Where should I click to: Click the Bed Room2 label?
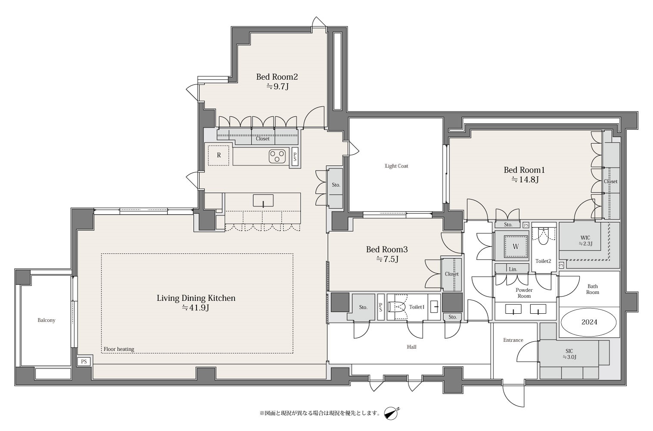point(277,77)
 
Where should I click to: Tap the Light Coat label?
point(396,166)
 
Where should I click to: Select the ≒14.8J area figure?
point(525,179)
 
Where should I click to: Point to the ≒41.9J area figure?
point(196,308)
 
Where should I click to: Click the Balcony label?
point(47,320)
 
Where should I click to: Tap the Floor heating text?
point(119,349)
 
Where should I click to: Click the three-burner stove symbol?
point(277,156)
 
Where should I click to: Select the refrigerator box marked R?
point(219,156)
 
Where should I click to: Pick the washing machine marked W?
point(516,247)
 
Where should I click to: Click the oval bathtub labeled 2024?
point(589,322)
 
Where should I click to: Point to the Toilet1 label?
point(417,307)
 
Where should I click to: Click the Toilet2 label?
point(544,261)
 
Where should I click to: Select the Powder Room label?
point(524,293)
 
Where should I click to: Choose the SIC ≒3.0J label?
point(569,354)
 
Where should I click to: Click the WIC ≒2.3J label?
point(585,241)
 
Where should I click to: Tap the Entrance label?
point(513,340)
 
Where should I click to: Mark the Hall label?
point(412,347)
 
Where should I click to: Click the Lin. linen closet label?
point(513,269)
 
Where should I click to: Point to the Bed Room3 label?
point(387,250)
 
